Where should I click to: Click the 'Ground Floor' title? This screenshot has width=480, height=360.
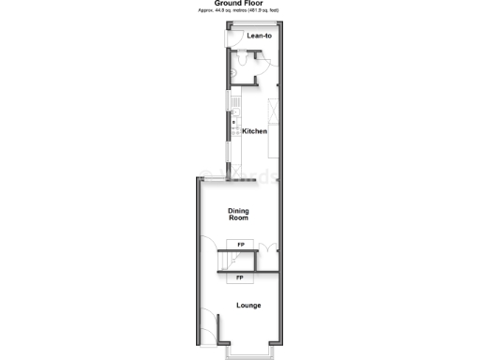click(x=239, y=3)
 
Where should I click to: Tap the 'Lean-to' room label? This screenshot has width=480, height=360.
click(x=260, y=36)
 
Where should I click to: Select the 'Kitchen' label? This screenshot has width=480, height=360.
click(x=255, y=131)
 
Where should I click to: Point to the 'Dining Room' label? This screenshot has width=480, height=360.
click(x=239, y=215)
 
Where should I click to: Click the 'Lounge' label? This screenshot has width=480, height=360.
click(x=248, y=305)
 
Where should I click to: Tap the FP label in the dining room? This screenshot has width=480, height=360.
click(x=241, y=246)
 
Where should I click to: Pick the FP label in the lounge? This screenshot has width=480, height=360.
click(x=241, y=278)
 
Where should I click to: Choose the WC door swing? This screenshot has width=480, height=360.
click(x=265, y=65)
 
